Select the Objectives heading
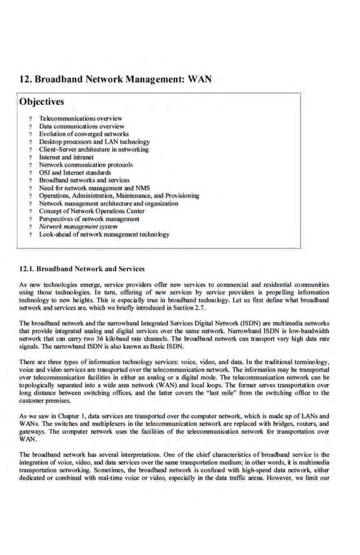point(41,102)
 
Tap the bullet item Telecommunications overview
point(80,119)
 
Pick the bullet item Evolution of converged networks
point(84,134)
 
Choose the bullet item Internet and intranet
point(66,157)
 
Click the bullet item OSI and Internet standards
point(74,172)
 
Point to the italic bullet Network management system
point(78,226)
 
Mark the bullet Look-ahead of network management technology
point(104,234)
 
